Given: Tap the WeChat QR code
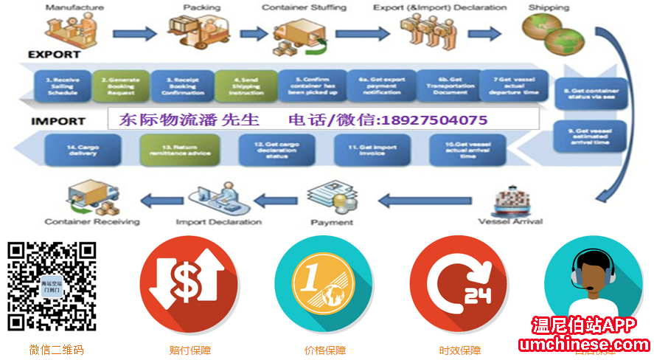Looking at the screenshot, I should pyautogui.click(x=52, y=286).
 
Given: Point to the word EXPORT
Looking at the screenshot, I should pyautogui.click(x=54, y=55).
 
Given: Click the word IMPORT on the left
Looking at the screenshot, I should pyautogui.click(x=58, y=120).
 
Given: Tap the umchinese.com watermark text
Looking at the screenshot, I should pyautogui.click(x=584, y=345).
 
